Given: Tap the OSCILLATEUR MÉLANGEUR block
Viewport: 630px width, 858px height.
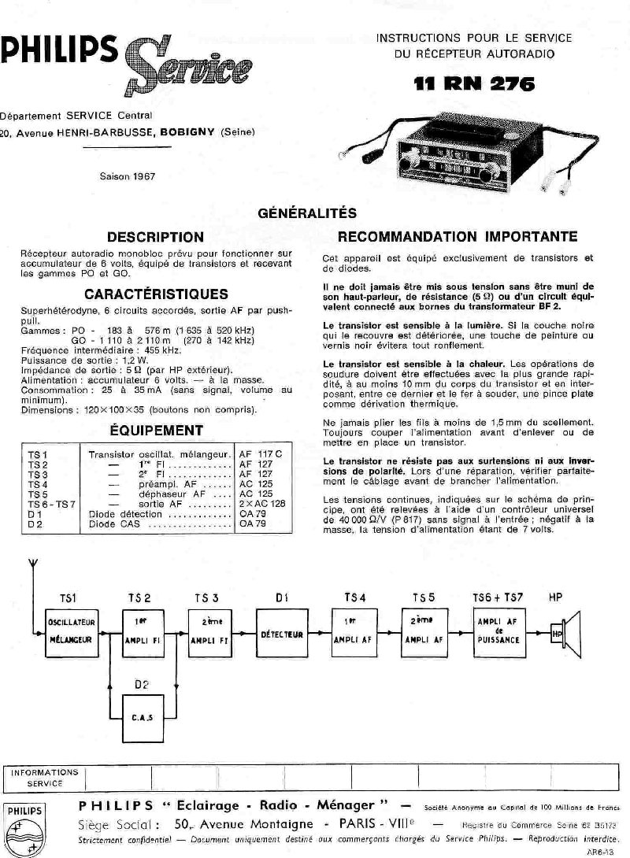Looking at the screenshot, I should pyautogui.click(x=72, y=631).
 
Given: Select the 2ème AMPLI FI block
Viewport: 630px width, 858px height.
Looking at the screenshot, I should pyautogui.click(x=209, y=632).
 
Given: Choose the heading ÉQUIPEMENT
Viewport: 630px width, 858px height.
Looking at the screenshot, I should pyautogui.click(x=156, y=431).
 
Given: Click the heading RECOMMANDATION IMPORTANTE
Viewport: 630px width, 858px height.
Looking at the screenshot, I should pyautogui.click(x=458, y=237).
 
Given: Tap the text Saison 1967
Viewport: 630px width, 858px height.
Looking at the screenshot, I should pyautogui.click(x=128, y=176).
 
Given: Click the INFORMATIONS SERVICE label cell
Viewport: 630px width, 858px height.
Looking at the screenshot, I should pyautogui.click(x=45, y=778).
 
